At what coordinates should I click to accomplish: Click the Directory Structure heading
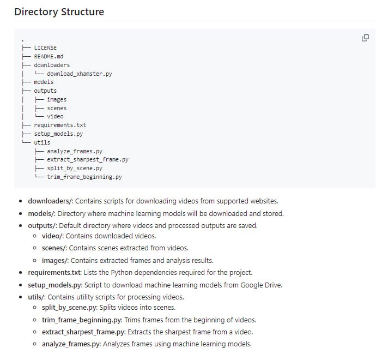59,11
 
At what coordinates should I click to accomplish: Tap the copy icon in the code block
365,38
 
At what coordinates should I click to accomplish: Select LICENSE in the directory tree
45,47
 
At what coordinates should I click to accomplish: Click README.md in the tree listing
48,56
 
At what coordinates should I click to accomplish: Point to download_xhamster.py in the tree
80,73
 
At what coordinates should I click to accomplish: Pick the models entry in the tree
44,82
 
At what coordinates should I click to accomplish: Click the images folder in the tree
57,99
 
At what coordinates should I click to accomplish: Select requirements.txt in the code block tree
60,125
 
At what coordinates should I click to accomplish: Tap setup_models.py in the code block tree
58,134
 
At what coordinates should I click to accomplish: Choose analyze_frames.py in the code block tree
75,151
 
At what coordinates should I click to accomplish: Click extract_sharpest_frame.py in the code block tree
88,160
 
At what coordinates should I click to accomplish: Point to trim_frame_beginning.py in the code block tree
84,177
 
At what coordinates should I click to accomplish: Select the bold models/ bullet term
41,213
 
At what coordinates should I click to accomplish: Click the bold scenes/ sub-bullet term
54,248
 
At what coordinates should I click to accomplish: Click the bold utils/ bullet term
37,297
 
